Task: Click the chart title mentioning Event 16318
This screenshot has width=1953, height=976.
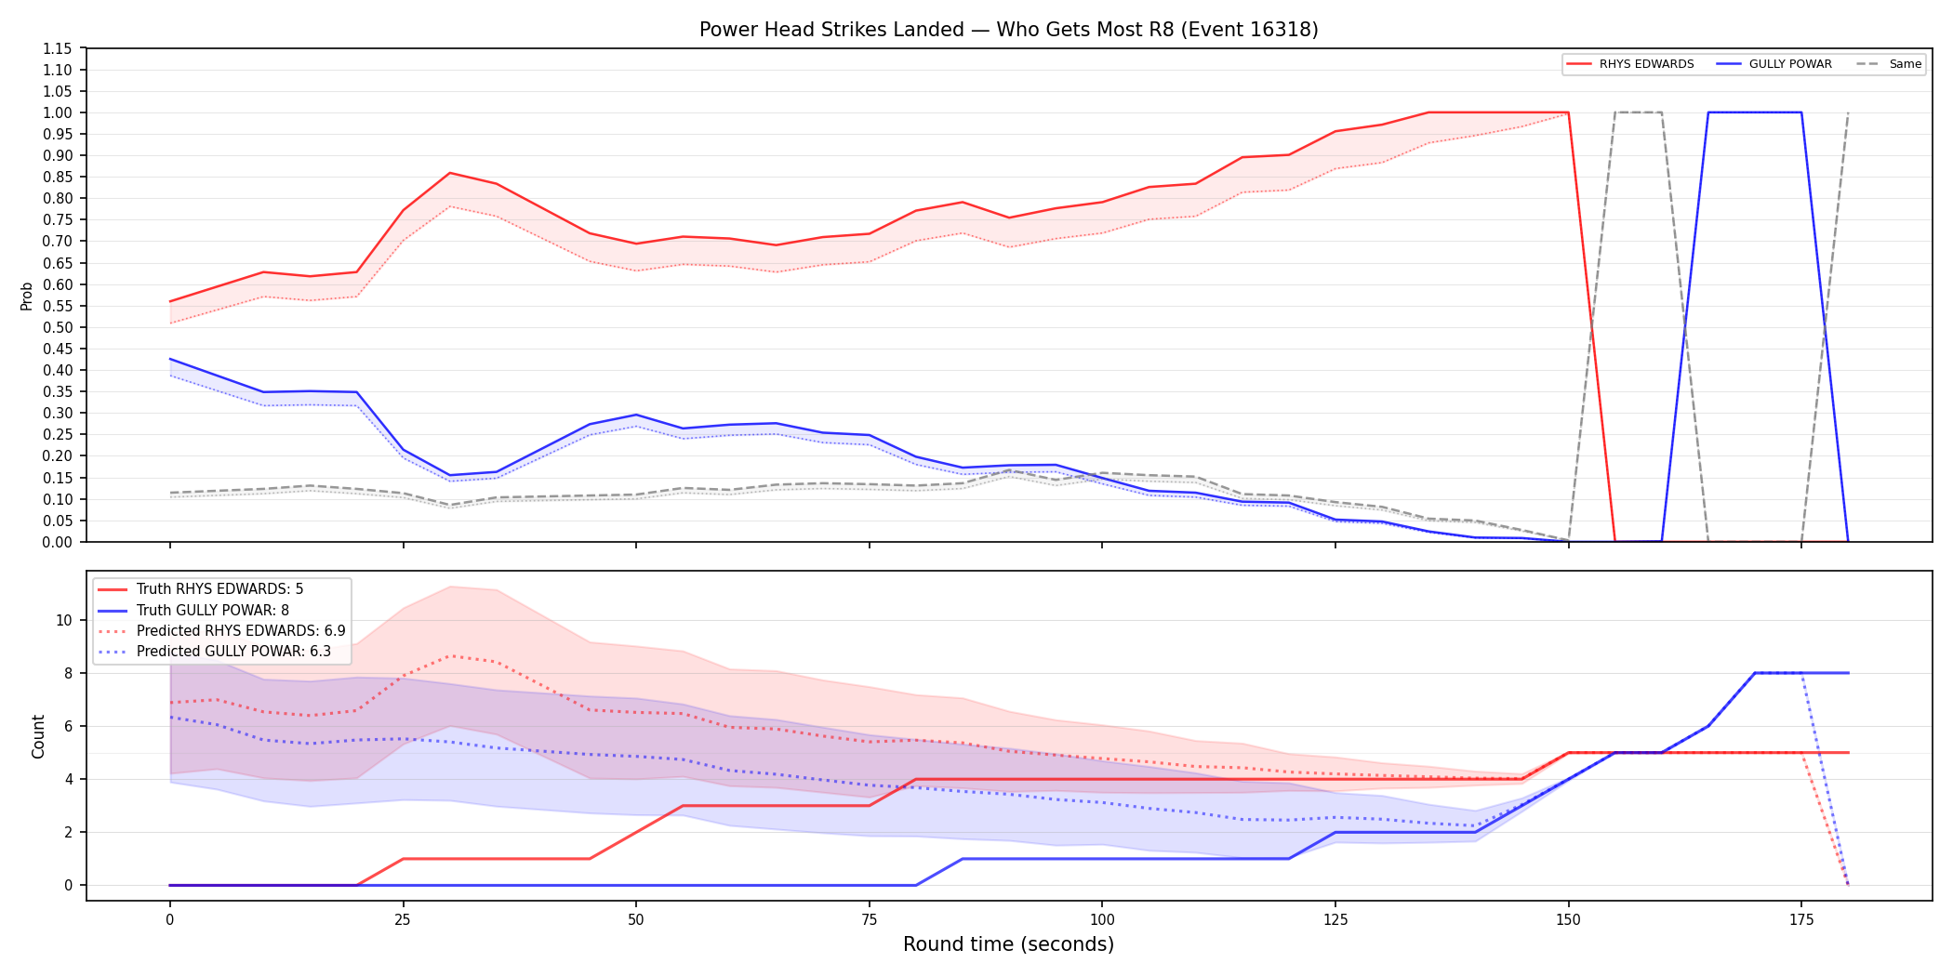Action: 1008,30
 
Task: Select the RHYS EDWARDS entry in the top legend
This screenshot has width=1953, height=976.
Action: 1630,64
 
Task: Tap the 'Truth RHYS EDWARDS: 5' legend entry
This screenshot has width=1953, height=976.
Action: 201,589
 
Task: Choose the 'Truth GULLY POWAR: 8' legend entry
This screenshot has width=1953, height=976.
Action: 194,611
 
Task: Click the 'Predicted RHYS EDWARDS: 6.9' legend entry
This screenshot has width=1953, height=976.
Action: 222,631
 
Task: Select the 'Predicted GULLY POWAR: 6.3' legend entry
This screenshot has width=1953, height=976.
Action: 215,652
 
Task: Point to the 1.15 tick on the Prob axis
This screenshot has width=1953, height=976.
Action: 58,48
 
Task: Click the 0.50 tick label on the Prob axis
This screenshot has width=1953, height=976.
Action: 58,327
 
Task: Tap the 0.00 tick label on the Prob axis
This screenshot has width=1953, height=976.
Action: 58,542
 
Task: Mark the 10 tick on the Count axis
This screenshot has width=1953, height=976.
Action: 64,620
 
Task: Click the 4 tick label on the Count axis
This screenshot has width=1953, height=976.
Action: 68,779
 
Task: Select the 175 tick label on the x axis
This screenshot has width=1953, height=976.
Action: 1801,920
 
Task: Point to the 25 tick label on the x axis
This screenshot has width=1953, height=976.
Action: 403,920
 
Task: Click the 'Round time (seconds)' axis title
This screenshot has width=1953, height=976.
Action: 1008,944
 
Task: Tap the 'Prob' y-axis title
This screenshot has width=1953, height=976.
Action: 27,296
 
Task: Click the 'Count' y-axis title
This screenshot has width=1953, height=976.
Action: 38,736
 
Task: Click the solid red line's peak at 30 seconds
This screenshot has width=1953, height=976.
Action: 450,173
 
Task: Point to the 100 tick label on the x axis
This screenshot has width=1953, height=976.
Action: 1102,920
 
